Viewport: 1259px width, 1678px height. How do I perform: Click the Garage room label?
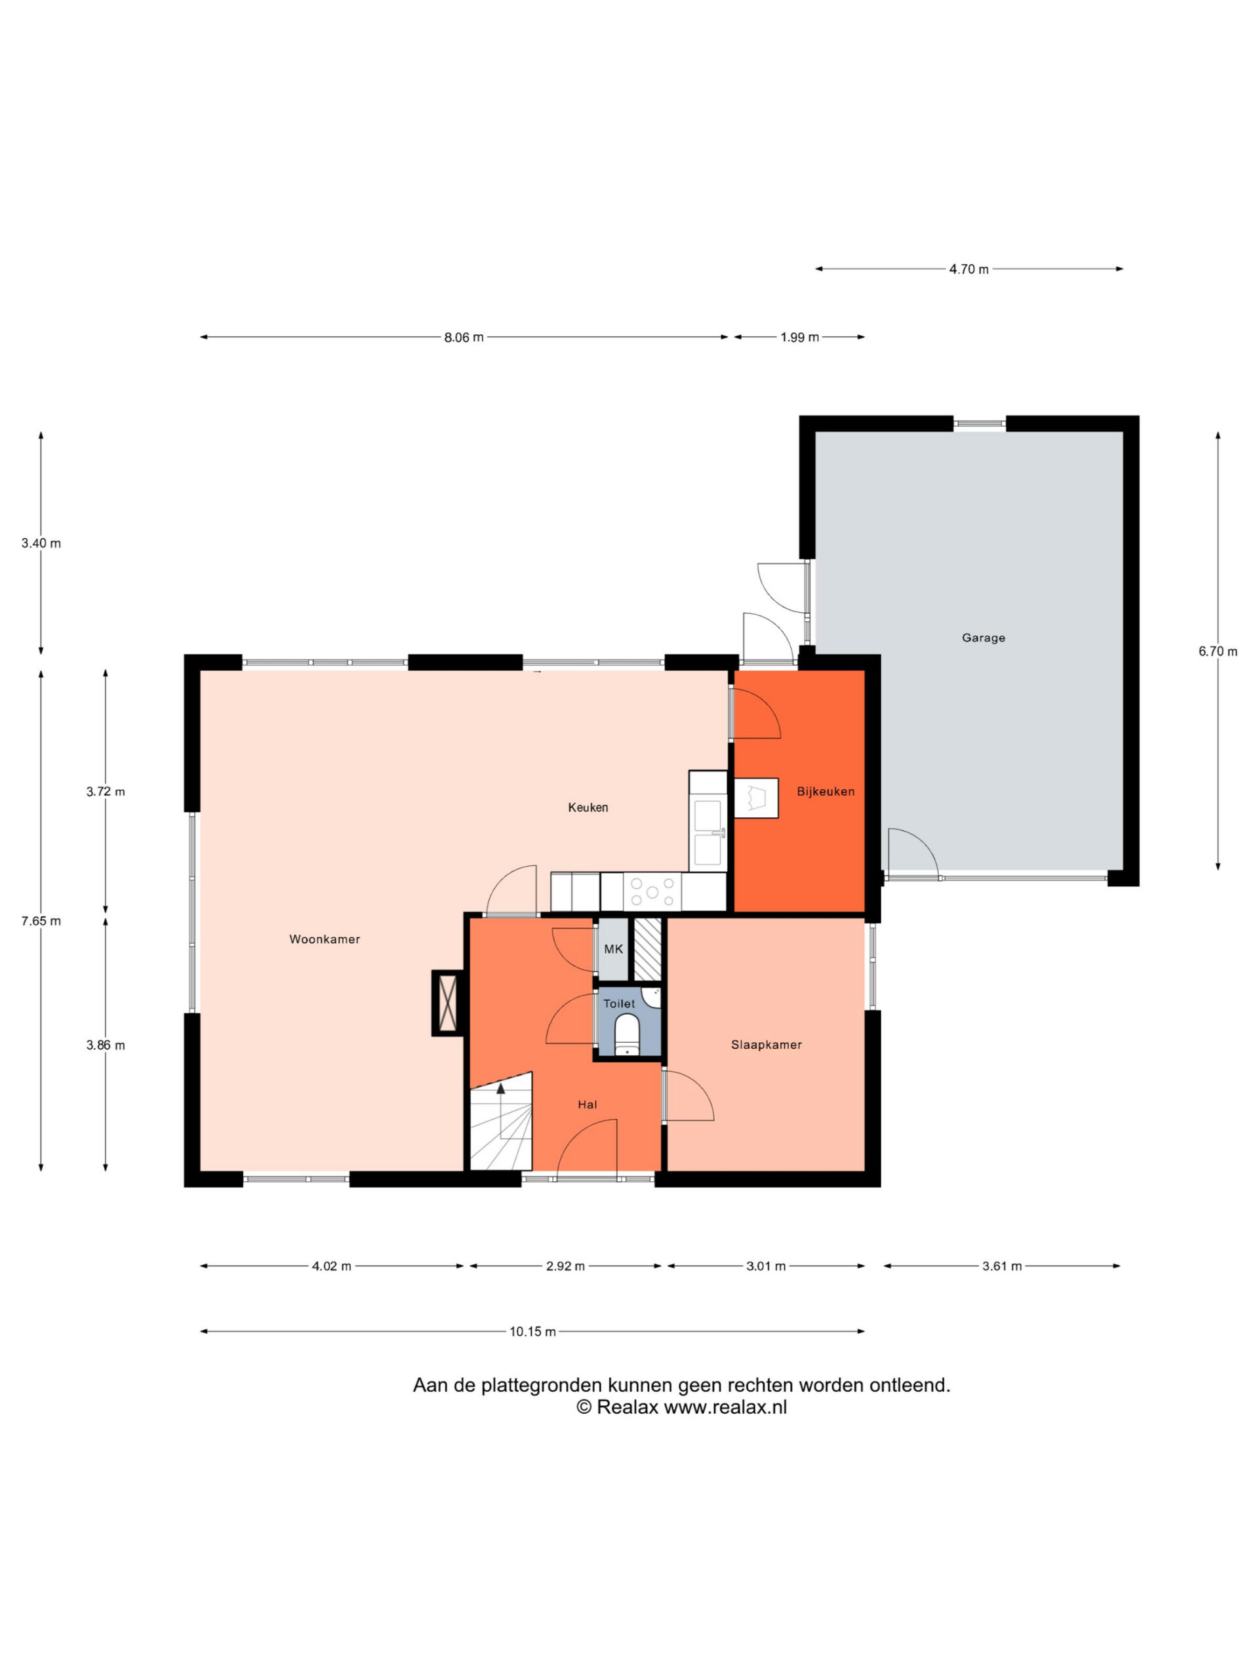click(x=983, y=638)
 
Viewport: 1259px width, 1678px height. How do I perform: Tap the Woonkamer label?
click(x=324, y=939)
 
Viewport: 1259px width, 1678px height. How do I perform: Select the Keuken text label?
click(x=588, y=807)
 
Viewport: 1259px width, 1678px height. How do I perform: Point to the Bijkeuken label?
click(x=826, y=791)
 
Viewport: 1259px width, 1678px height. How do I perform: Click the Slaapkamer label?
click(x=767, y=1045)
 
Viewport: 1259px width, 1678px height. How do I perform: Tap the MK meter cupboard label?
click(x=613, y=949)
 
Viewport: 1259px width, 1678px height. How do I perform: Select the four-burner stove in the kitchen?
click(x=652, y=892)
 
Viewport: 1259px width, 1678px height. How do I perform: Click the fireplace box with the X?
click(x=448, y=1003)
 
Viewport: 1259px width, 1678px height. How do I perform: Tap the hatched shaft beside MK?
click(x=647, y=949)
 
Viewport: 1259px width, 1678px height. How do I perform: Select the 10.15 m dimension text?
click(x=532, y=1331)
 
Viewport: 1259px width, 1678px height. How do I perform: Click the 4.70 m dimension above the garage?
click(x=969, y=269)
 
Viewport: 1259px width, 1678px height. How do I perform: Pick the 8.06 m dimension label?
click(x=464, y=338)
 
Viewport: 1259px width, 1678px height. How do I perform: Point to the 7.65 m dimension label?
click(x=41, y=921)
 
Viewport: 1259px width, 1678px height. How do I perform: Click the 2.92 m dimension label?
click(x=565, y=1266)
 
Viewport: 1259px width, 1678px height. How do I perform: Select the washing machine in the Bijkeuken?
click(x=756, y=798)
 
